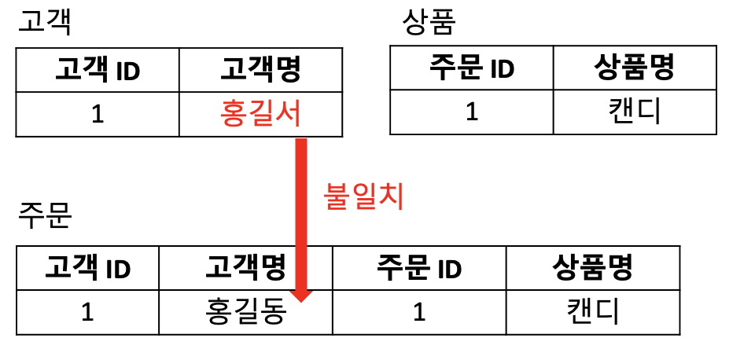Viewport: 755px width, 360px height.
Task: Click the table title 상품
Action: [x=429, y=21]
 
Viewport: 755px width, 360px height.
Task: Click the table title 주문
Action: [x=44, y=215]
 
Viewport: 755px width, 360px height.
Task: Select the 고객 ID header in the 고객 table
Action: [x=98, y=70]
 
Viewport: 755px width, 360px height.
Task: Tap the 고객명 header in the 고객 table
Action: [x=260, y=70]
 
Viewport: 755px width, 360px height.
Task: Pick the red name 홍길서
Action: [x=261, y=114]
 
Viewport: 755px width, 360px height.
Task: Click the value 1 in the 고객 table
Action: [x=98, y=114]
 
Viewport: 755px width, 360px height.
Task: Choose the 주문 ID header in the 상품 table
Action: [x=472, y=68]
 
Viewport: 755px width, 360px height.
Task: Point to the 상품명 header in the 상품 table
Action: [x=634, y=68]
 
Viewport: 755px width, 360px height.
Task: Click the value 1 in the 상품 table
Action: [x=472, y=112]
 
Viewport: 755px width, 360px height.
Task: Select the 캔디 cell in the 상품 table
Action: [x=634, y=112]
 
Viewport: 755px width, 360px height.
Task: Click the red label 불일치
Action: [x=363, y=197]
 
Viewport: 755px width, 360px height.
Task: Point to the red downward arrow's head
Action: [x=301, y=295]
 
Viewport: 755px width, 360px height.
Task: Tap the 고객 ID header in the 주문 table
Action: [x=87, y=268]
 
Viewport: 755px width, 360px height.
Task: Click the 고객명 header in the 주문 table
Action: [x=245, y=268]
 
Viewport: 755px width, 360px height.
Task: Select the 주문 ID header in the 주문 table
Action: [x=419, y=268]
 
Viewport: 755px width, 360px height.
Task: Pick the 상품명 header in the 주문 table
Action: [x=592, y=268]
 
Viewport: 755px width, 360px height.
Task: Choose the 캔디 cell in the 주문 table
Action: [x=592, y=312]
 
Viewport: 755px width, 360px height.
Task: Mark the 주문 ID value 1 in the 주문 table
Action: [x=419, y=312]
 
